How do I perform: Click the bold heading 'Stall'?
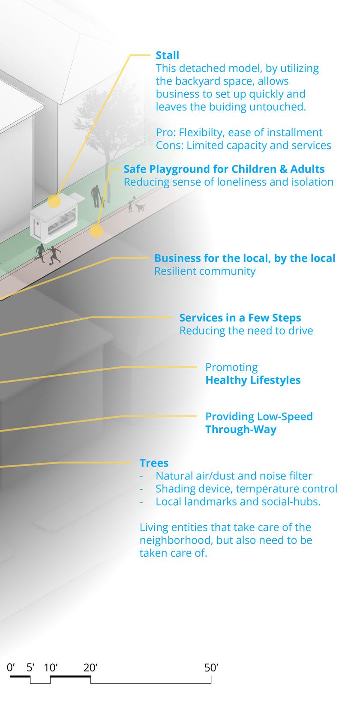(x=167, y=55)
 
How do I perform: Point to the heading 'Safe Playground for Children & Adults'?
(x=224, y=169)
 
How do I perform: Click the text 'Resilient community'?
(x=204, y=271)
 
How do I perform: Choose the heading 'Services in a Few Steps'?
(x=240, y=318)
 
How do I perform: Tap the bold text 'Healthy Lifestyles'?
(x=253, y=380)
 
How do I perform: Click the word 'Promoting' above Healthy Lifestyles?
(x=231, y=367)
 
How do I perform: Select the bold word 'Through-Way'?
(x=241, y=429)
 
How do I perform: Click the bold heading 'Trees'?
(x=154, y=463)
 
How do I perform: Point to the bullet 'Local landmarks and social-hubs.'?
(x=238, y=502)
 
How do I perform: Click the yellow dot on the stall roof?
(x=54, y=201)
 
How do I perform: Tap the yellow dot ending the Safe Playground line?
(x=96, y=232)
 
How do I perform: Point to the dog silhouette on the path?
(x=140, y=208)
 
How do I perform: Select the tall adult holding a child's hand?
(x=96, y=195)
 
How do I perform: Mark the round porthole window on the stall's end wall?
(x=37, y=224)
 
